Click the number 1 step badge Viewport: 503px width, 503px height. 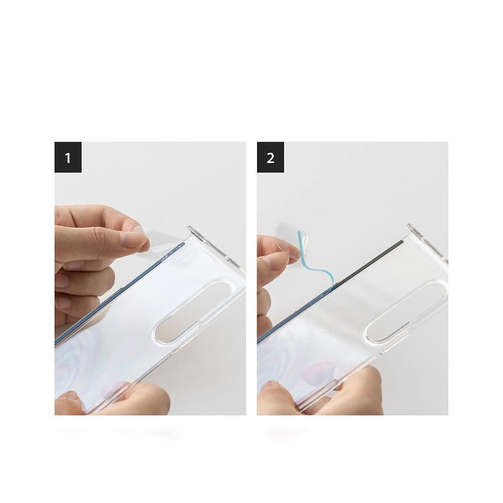[68, 158]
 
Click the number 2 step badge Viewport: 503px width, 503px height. [271, 158]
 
